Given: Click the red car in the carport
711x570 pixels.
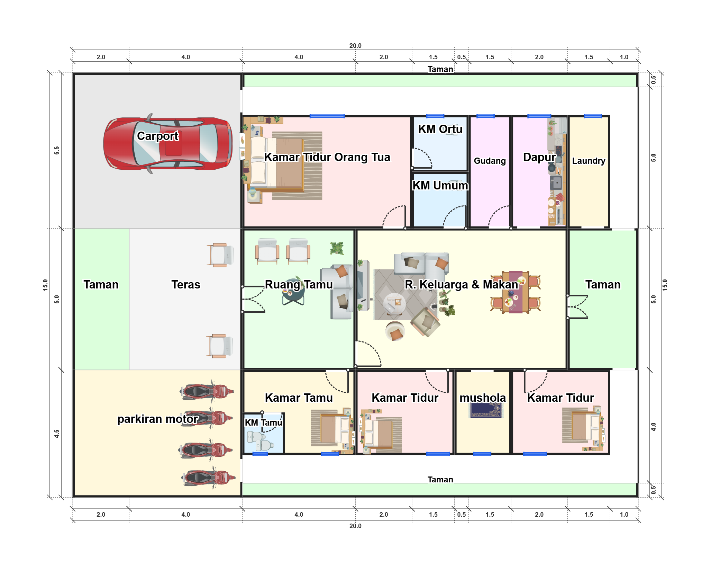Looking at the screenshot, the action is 168,143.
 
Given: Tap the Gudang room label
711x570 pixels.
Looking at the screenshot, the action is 490,161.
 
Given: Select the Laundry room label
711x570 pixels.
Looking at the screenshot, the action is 589,161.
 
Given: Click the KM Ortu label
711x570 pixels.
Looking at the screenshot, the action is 440,129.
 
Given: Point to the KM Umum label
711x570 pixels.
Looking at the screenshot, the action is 440,185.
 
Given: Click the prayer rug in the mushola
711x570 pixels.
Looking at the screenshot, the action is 486,410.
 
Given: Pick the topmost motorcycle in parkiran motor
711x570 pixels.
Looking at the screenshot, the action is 207,392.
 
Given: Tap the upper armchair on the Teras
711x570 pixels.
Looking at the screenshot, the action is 221,255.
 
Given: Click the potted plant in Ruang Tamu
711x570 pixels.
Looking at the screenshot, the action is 337,248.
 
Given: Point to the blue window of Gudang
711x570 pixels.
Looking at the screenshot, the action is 485,116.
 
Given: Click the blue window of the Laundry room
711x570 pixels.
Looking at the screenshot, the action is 593,116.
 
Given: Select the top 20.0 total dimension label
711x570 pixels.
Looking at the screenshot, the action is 355,46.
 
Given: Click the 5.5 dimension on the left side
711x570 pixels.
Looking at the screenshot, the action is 57,151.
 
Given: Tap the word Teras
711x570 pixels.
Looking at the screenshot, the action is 186,284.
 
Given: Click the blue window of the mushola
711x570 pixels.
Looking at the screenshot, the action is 482,454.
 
